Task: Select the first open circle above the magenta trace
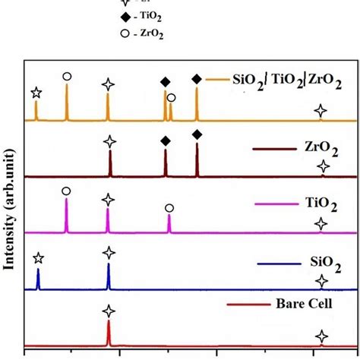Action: tap(67, 191)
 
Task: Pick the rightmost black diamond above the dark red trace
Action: tap(197, 135)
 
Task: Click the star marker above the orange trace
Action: tap(36, 93)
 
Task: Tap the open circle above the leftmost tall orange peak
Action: tap(67, 76)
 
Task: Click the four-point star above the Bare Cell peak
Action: tap(109, 311)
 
